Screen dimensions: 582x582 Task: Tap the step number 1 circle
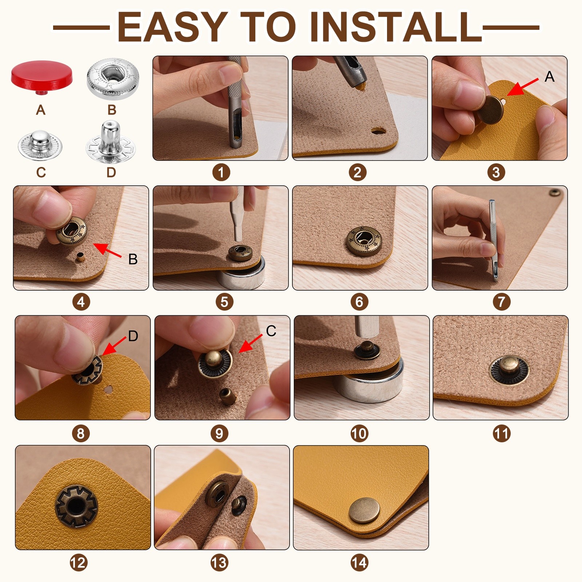pyautogui.click(x=221, y=172)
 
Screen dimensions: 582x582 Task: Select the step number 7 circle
pyautogui.click(x=502, y=302)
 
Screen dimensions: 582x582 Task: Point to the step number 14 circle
pyautogui.click(x=359, y=563)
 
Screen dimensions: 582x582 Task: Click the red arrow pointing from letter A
pyautogui.click(x=523, y=87)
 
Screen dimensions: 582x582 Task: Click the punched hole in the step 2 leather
pyautogui.click(x=378, y=130)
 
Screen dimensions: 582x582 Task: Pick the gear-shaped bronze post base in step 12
pyautogui.click(x=76, y=506)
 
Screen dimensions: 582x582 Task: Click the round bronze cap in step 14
pyautogui.click(x=364, y=510)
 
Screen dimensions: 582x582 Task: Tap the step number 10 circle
pyautogui.click(x=359, y=433)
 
